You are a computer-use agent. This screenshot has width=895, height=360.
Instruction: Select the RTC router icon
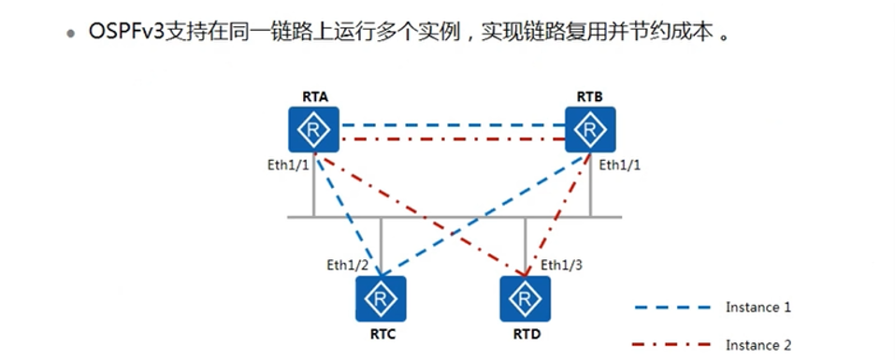click(x=379, y=299)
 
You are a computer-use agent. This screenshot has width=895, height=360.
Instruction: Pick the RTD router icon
click(x=524, y=299)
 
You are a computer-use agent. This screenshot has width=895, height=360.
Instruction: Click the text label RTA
click(x=314, y=96)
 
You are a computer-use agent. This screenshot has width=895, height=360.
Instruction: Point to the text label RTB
click(x=589, y=96)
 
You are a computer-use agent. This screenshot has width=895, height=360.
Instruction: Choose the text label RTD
click(x=524, y=333)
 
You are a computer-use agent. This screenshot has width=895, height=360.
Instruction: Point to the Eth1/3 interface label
click(x=561, y=263)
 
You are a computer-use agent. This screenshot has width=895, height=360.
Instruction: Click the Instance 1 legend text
click(x=758, y=307)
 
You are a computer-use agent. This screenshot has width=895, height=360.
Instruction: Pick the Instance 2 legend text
click(x=758, y=346)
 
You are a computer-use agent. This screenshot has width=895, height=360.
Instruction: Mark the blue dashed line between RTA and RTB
click(x=452, y=124)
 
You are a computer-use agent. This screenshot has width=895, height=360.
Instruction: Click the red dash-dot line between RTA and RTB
click(x=452, y=140)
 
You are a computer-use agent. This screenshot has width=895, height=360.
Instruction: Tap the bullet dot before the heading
click(x=70, y=34)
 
